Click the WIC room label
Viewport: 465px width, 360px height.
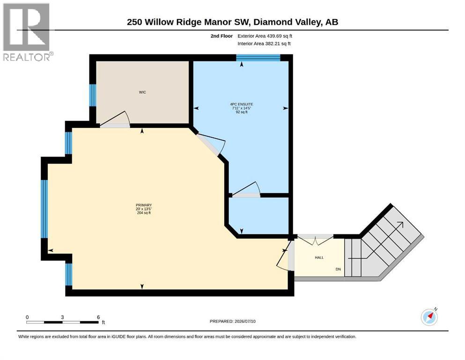142,92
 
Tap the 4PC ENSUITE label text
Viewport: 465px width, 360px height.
241,104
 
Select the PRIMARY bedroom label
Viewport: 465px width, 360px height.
144,205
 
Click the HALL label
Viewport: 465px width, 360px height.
319,257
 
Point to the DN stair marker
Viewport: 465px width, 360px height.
338,269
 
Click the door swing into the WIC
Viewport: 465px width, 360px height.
115,120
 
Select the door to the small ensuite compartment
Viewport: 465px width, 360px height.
246,189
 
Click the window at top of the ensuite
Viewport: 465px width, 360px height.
258,58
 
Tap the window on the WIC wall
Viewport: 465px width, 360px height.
93,95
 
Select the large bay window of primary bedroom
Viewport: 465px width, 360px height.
44,209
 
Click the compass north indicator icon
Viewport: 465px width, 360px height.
429,317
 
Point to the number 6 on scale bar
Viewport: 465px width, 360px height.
98,317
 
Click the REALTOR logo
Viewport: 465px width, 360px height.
28,32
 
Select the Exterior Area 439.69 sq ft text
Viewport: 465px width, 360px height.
265,36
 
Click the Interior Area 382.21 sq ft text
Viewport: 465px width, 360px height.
264,44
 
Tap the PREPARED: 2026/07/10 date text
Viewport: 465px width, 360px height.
232,321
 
